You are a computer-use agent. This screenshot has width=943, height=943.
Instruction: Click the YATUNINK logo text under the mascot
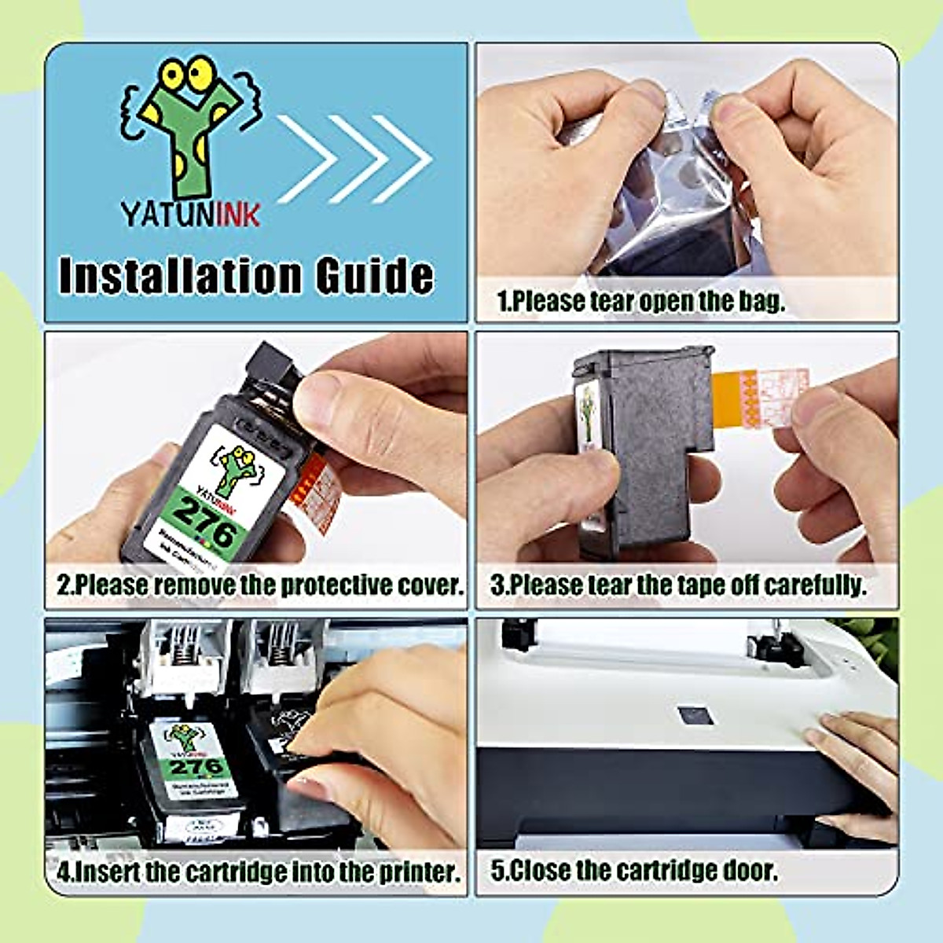click(x=190, y=213)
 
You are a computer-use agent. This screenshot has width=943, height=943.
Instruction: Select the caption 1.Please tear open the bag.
click(x=640, y=300)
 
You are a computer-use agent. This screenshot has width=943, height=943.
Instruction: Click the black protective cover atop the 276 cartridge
click(x=271, y=373)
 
